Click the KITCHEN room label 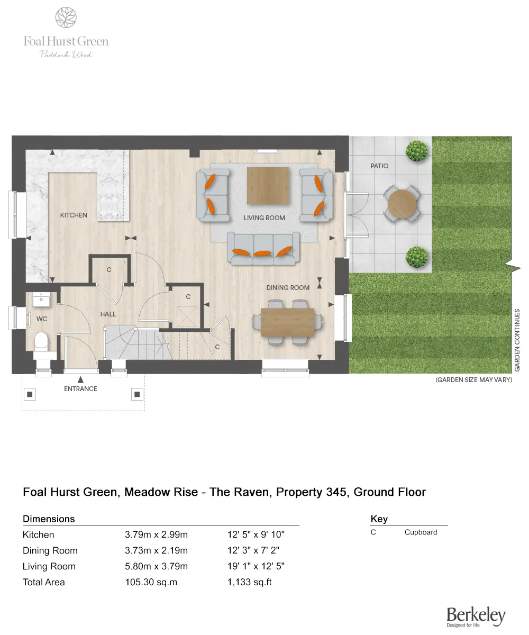(x=74, y=215)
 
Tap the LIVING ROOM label (x=264, y=217)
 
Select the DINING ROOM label (x=288, y=287)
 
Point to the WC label (x=42, y=319)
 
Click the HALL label (x=108, y=314)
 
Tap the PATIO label (x=379, y=166)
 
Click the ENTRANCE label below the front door (x=81, y=388)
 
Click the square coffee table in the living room (x=268, y=185)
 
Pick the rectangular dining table (x=287, y=322)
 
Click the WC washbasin (x=42, y=300)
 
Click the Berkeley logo (x=476, y=616)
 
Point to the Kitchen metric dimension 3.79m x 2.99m (x=156, y=534)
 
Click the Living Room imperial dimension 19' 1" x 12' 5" (x=256, y=566)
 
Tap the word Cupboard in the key (x=421, y=532)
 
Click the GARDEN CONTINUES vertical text (x=517, y=340)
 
